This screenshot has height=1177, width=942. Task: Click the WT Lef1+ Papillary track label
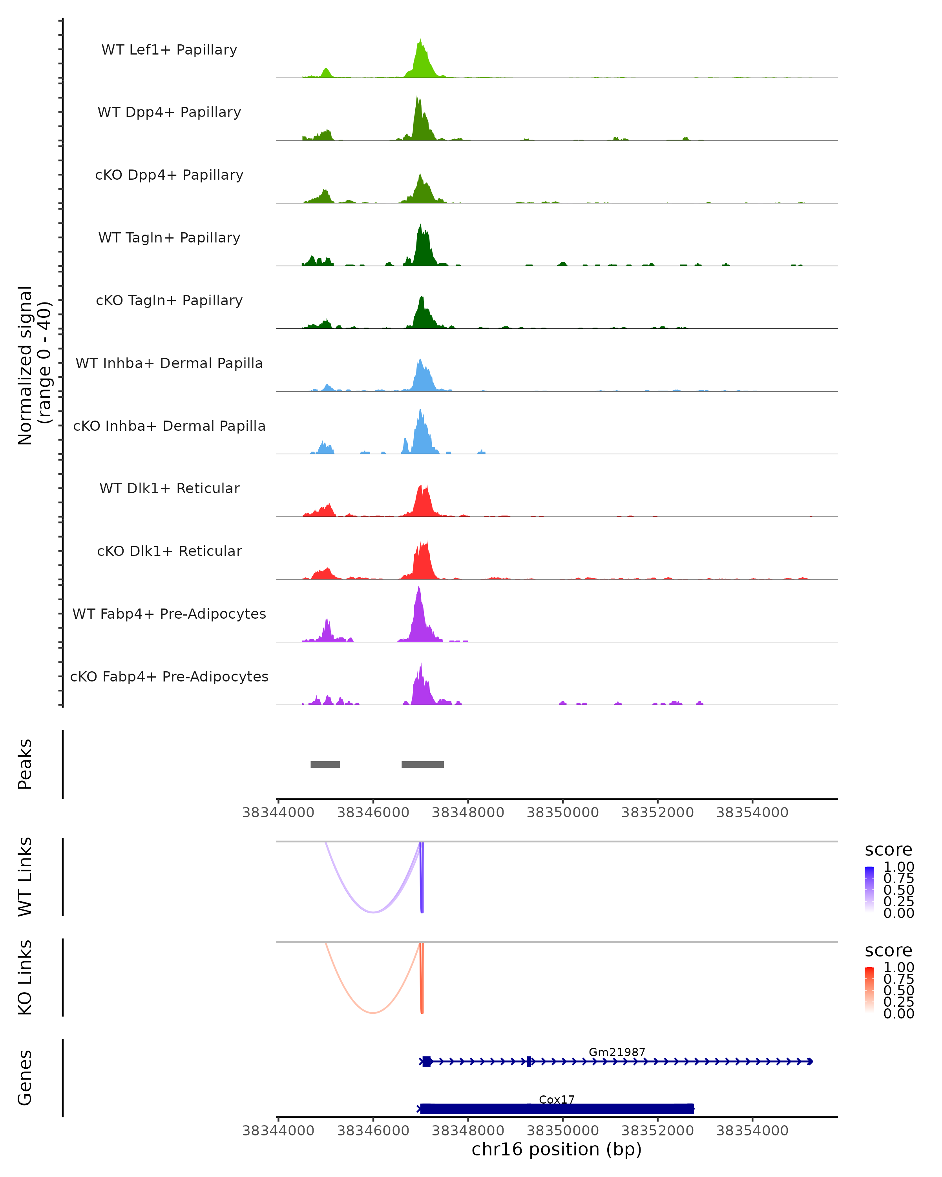(169, 50)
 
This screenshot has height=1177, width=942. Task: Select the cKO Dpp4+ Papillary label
(169, 175)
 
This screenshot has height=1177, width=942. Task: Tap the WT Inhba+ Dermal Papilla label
(169, 363)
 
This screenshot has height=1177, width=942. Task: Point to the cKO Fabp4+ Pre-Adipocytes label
(169, 676)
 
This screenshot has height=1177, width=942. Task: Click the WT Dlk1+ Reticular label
(169, 488)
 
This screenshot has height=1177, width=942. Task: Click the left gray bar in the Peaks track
(325, 764)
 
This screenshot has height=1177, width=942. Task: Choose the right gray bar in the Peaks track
(423, 764)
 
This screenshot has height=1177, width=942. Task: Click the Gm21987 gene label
(617, 1052)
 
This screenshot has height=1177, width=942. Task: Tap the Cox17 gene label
(557, 1099)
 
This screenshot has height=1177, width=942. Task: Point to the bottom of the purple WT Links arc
(373, 912)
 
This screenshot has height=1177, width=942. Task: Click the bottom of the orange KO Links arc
(373, 1013)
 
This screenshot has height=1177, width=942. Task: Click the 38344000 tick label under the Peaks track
(278, 813)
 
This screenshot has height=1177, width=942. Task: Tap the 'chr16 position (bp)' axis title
(557, 1150)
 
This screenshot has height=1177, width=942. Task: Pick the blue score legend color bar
(869, 889)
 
